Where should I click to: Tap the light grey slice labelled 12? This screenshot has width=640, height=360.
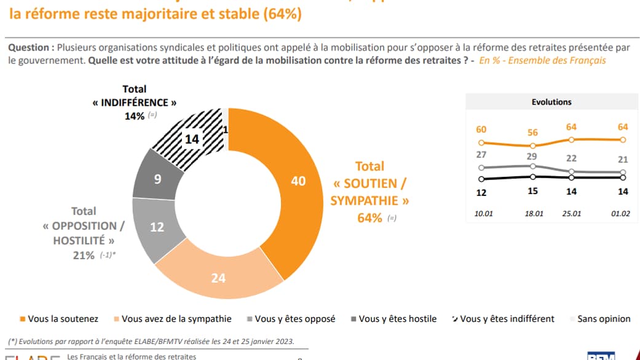pyautogui.click(x=157, y=227)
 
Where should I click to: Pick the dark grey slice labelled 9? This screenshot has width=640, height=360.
pyautogui.click(x=158, y=180)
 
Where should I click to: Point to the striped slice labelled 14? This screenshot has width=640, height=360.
pyautogui.click(x=192, y=139)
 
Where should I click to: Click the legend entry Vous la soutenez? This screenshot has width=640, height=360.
pyautogui.click(x=68, y=319)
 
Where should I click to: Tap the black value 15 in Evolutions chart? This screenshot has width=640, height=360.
pyautogui.click(x=533, y=191)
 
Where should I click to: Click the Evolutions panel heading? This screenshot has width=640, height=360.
pyautogui.click(x=551, y=102)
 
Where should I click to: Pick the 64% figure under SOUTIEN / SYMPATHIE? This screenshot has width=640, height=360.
pyautogui.click(x=370, y=217)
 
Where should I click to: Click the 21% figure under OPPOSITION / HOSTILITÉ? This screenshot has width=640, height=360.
pyautogui.click(x=84, y=255)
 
